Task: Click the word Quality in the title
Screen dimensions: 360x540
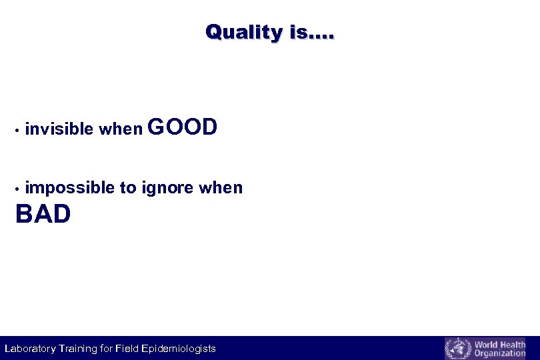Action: click(244, 31)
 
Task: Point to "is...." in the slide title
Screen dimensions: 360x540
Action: click(312, 31)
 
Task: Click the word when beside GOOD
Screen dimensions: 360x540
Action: click(121, 129)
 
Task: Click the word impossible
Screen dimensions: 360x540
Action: click(69, 189)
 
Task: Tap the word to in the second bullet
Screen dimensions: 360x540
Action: click(128, 189)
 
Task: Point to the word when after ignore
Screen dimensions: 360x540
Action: click(221, 188)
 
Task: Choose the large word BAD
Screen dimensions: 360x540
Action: click(43, 215)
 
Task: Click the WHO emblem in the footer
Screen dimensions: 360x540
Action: click(457, 349)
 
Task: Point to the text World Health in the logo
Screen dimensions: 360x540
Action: click(500, 345)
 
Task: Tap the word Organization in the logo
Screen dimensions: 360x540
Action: click(500, 353)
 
